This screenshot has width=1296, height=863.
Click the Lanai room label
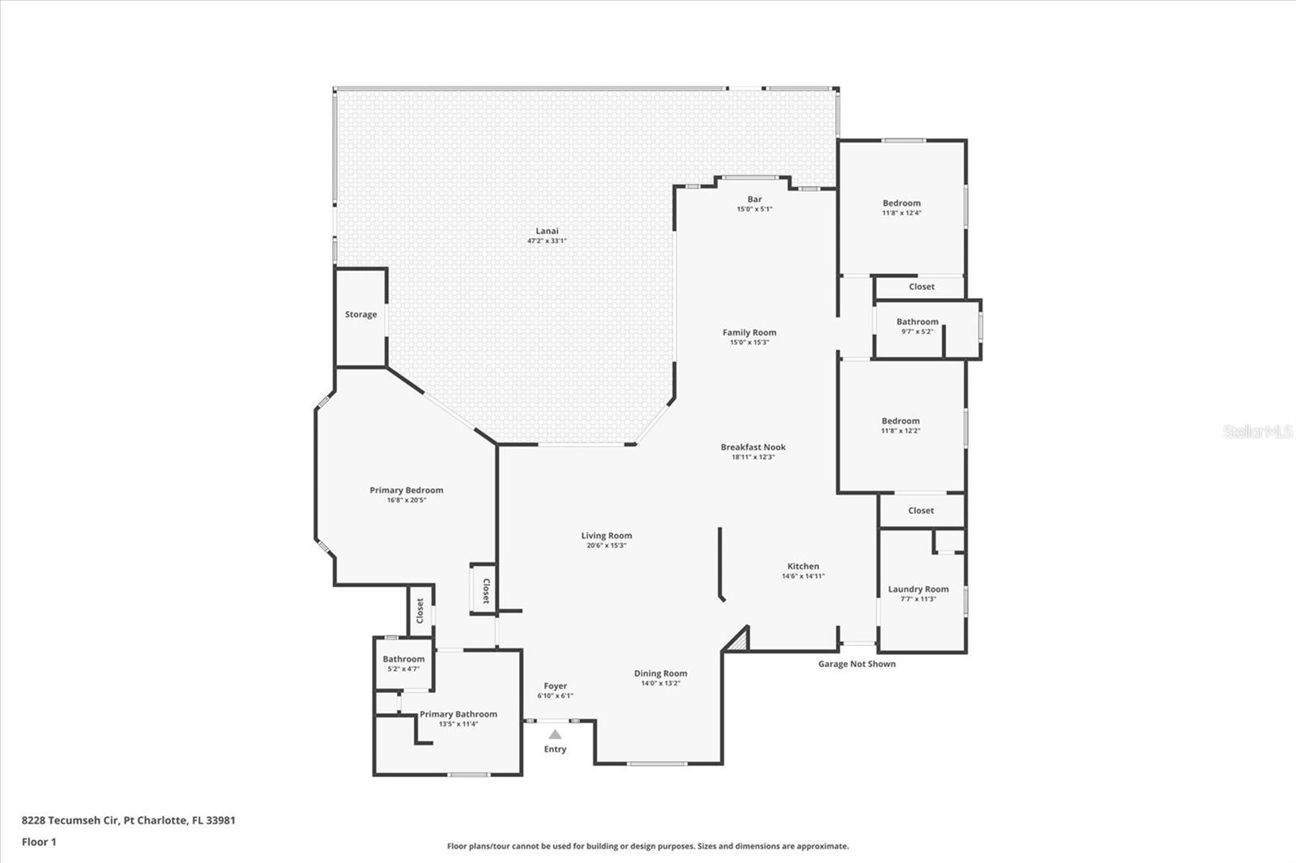click(x=547, y=231)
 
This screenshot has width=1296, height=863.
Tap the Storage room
click(x=360, y=315)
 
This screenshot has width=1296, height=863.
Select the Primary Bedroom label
click(x=406, y=490)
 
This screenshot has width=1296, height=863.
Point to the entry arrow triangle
click(x=555, y=735)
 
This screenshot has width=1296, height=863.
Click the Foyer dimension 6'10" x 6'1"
click(x=555, y=696)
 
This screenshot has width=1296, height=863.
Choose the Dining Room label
click(x=660, y=674)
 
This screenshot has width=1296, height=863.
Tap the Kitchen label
click(x=803, y=567)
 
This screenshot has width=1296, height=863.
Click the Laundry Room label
click(x=918, y=589)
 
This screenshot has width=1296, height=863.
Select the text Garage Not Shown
click(x=856, y=664)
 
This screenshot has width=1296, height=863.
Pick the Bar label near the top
click(x=754, y=199)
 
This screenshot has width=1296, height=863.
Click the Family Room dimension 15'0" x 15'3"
click(x=749, y=342)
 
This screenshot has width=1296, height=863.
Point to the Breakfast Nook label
click(x=752, y=447)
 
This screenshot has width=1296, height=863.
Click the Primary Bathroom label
click(x=458, y=714)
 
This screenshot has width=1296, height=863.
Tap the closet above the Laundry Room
click(x=921, y=511)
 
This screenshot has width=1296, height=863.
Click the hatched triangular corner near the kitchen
click(x=739, y=640)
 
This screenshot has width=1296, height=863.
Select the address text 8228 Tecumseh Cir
click(x=71, y=820)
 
